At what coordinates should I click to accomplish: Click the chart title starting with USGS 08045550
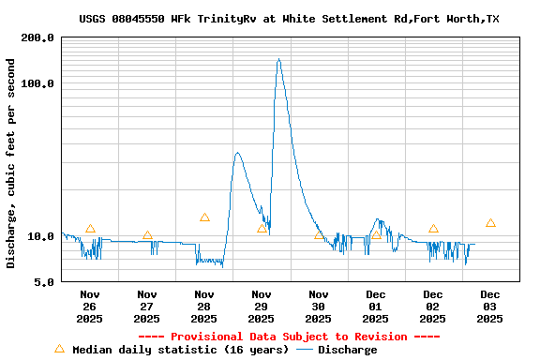point(289,19)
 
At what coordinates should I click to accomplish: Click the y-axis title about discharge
point(11,163)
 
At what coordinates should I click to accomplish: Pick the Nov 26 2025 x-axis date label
point(90,306)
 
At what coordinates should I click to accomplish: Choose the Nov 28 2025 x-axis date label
point(204,306)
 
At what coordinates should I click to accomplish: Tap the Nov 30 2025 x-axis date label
point(319,306)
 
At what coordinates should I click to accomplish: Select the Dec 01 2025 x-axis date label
point(376,306)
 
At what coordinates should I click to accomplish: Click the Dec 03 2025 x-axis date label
point(490,306)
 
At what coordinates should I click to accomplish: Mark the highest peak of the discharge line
point(278,60)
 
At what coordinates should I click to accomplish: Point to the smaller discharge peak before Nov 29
point(237,153)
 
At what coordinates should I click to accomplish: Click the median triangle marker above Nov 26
point(90,229)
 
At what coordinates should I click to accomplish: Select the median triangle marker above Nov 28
point(204,217)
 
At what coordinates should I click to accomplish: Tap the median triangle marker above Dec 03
point(490,223)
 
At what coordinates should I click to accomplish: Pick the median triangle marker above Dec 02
point(433,229)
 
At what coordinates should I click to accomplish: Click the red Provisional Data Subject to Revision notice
point(289,337)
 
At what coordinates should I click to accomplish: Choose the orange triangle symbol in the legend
point(59,349)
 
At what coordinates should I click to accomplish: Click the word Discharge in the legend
point(347,350)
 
